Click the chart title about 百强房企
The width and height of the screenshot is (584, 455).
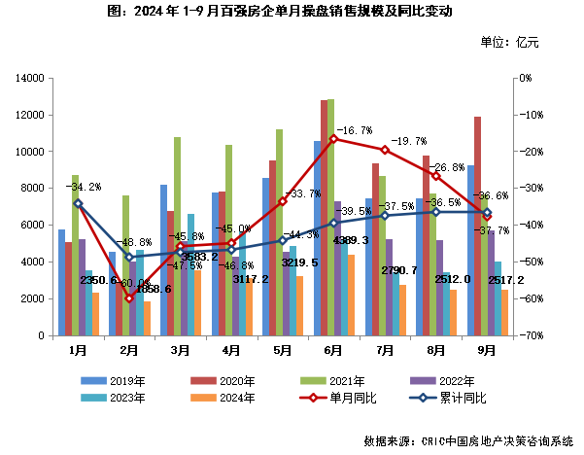(292, 13)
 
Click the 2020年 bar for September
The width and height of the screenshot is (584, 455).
(478, 226)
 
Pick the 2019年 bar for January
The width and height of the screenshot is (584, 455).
(61, 282)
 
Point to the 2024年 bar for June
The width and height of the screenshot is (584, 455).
(352, 296)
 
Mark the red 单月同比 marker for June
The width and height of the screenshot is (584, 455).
(333, 139)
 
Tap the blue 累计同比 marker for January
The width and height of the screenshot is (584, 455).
(79, 203)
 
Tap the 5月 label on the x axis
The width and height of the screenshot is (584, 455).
(282, 348)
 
